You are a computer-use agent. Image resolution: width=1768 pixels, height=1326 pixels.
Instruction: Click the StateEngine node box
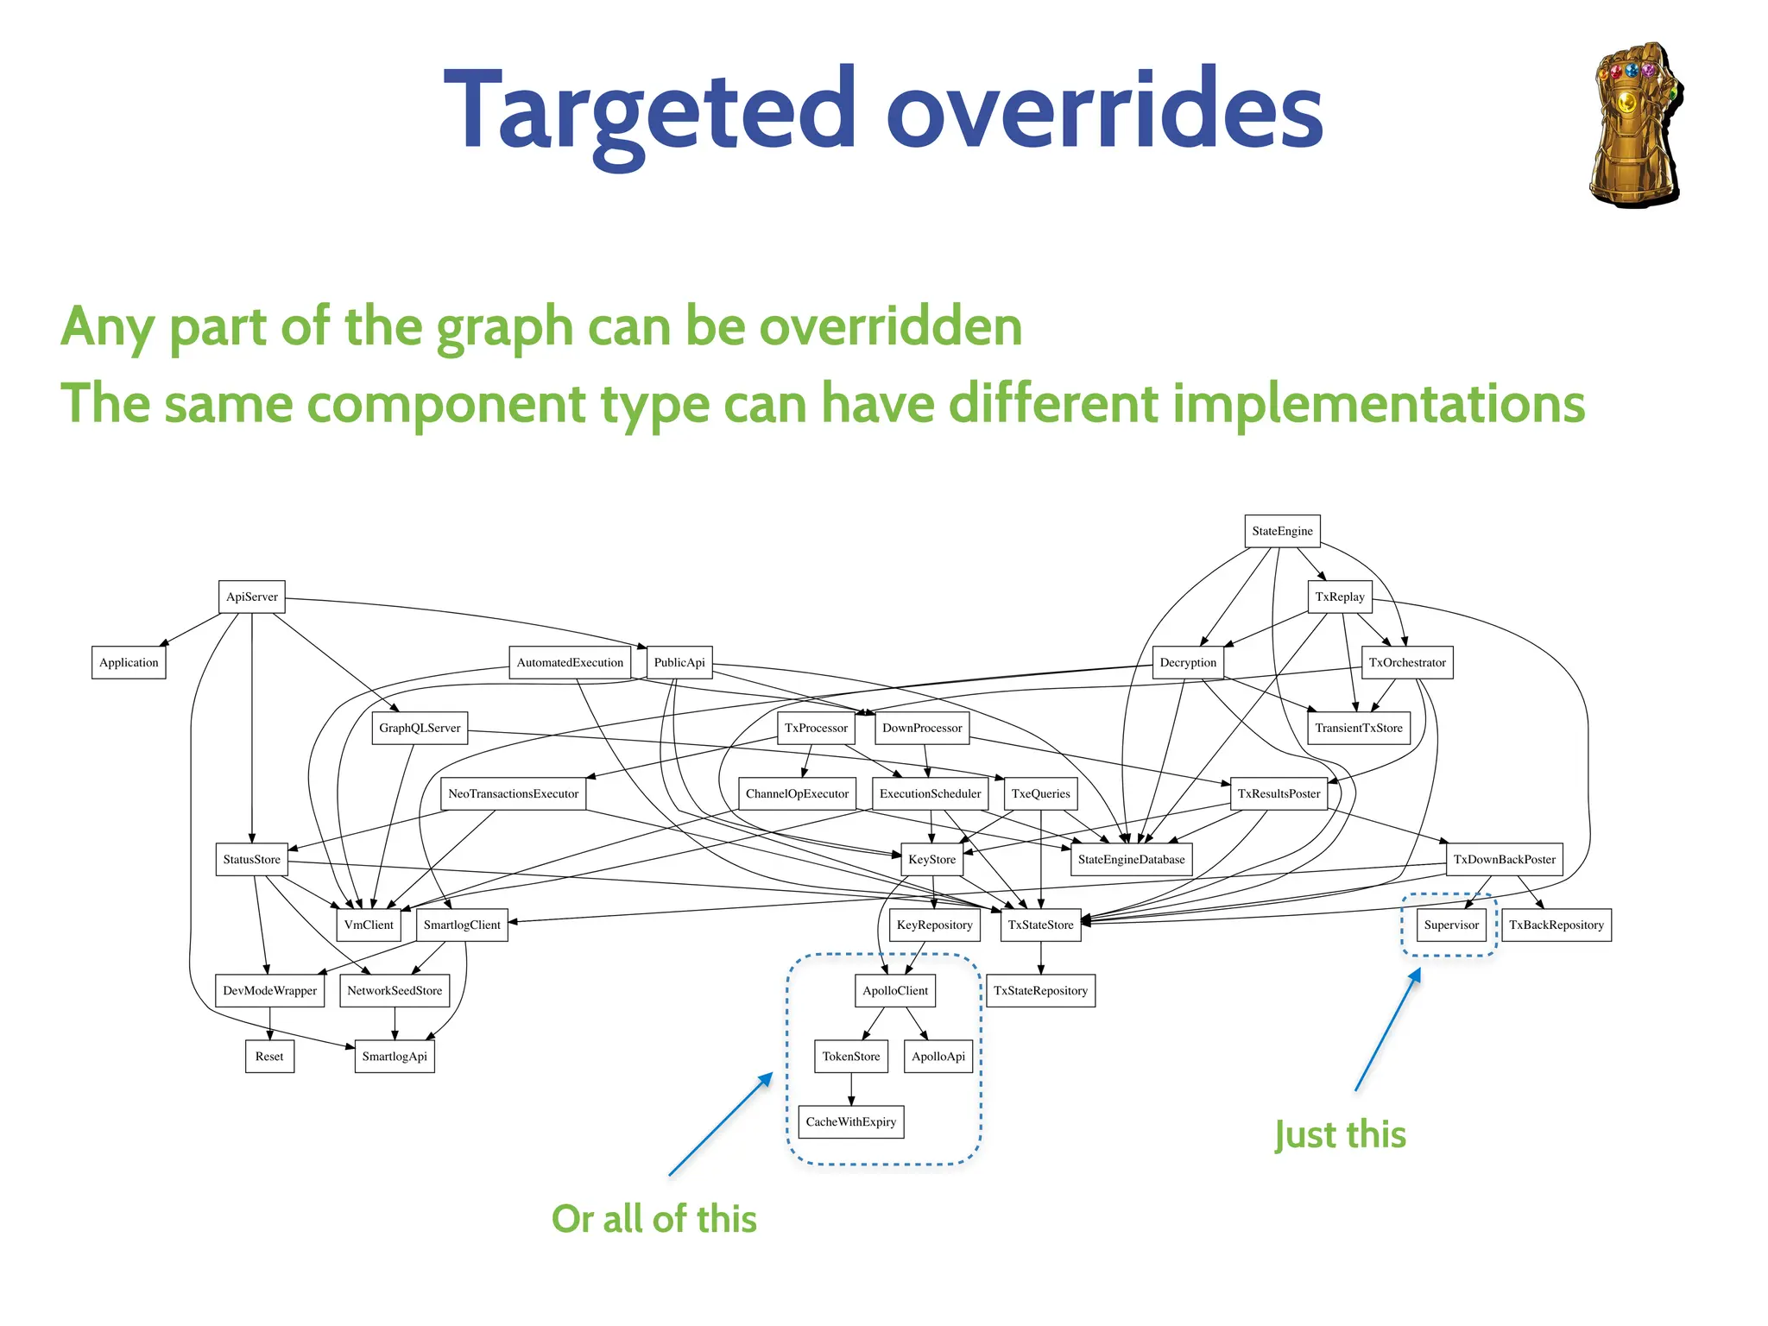click(x=1282, y=531)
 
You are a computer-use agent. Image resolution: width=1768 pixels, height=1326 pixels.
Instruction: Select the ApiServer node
click(x=251, y=597)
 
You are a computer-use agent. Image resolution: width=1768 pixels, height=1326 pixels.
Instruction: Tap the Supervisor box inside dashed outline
click(x=1450, y=925)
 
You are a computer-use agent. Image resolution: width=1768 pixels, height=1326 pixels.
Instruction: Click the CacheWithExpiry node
click(x=850, y=1121)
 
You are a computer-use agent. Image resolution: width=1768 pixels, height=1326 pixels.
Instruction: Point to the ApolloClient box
click(x=895, y=990)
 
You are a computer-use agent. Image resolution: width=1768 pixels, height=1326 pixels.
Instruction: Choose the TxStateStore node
click(x=1040, y=925)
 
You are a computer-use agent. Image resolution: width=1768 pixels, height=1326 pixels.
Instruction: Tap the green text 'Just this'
click(x=1340, y=1134)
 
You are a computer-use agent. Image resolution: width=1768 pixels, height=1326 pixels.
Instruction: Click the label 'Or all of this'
click(x=654, y=1219)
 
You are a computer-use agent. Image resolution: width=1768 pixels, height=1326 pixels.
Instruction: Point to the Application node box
click(x=129, y=662)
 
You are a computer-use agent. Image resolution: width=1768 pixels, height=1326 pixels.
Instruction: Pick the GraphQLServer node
click(x=420, y=728)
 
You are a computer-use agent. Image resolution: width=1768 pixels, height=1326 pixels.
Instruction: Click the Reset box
click(x=269, y=1056)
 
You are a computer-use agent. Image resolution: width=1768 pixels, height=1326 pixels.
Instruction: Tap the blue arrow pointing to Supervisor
click(x=1387, y=1030)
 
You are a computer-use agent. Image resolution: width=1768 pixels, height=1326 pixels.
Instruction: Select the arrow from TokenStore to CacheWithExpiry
click(x=851, y=1089)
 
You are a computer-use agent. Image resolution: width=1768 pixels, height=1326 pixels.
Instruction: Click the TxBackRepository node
click(x=1556, y=925)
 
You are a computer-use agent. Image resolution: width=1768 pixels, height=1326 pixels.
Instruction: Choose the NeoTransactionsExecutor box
click(x=513, y=793)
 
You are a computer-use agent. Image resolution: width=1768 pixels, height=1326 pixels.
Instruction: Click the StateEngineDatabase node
click(x=1131, y=859)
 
